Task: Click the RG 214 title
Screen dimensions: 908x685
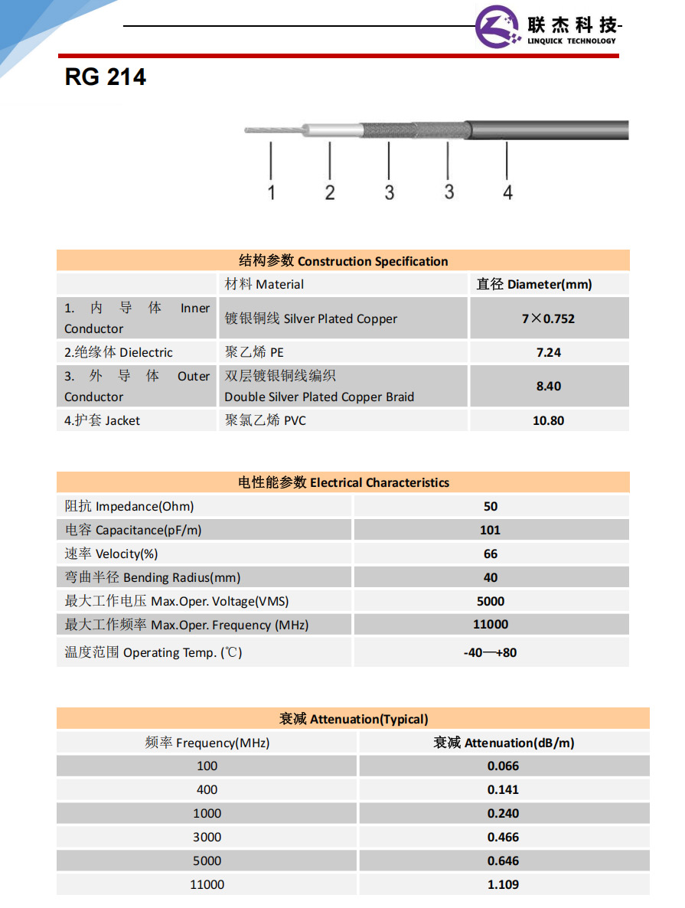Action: pos(106,78)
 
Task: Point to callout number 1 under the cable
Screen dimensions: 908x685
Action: pos(271,191)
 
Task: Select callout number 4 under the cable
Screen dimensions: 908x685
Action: pos(507,191)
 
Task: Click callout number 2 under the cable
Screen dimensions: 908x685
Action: pos(330,191)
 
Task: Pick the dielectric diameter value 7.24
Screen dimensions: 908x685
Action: pos(549,352)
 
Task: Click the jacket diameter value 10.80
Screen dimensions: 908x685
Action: pos(549,420)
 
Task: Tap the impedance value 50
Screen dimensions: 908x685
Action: pos(491,506)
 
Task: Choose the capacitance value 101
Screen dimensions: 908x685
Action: pos(491,530)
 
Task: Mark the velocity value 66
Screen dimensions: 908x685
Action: pos(491,554)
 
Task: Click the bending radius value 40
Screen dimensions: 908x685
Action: pos(491,577)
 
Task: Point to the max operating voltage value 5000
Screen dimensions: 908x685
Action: pos(491,601)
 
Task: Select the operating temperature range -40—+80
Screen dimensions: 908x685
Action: pos(491,653)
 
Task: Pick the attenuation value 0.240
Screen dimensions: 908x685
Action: pos(503,813)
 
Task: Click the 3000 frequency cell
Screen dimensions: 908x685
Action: pos(207,837)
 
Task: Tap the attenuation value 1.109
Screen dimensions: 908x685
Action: pos(503,884)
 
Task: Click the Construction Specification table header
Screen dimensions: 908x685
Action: pos(343,261)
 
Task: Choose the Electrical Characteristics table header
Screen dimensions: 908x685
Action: pos(343,482)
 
